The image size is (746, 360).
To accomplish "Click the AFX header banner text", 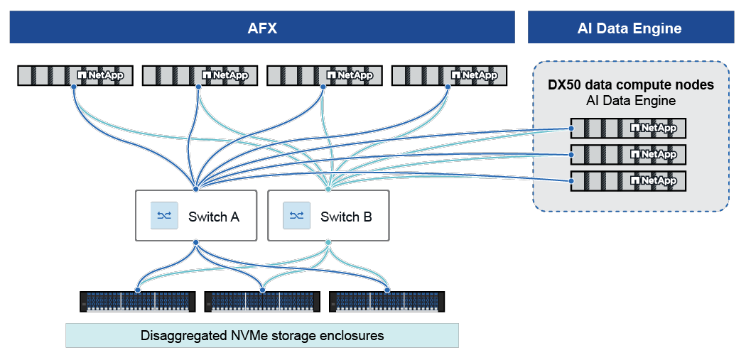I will coord(262,28).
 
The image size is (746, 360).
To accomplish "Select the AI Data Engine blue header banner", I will coord(630,28).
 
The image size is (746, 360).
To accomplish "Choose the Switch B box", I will coord(328,216).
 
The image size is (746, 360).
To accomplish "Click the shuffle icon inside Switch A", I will coord(163,216).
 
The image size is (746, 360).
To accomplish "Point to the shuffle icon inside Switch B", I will coord(296,216).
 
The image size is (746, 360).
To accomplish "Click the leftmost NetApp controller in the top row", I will coord(75,75).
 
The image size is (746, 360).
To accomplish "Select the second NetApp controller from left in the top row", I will coord(200,75).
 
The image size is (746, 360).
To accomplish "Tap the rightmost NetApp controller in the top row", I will coord(449,75).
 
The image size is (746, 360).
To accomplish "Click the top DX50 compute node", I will coord(629,128).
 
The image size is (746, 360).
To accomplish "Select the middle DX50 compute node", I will coord(629,154).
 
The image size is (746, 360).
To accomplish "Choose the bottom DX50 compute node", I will coord(629,180).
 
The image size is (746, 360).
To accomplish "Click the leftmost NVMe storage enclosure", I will coord(138,301).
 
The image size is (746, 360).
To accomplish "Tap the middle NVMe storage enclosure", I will coord(262,301).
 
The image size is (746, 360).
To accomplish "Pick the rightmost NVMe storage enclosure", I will coord(387,301).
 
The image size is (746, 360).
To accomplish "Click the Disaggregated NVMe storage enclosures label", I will coord(262,335).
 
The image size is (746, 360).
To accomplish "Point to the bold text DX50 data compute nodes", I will coord(630,85).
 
